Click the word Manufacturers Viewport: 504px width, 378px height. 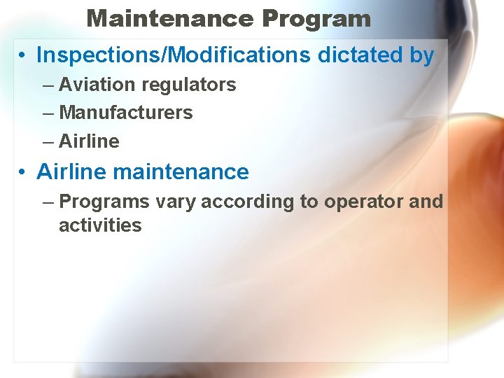(x=126, y=112)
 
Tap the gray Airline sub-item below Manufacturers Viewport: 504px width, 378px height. (x=89, y=141)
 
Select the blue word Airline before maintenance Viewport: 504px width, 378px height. (x=71, y=171)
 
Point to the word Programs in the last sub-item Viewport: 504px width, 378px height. (x=104, y=202)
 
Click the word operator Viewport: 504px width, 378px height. (x=361, y=202)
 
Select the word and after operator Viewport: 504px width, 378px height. (x=426, y=202)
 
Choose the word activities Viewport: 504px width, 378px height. (x=100, y=225)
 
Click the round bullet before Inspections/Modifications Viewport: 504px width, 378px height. (x=23, y=55)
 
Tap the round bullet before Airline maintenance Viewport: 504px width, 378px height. (x=23, y=172)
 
